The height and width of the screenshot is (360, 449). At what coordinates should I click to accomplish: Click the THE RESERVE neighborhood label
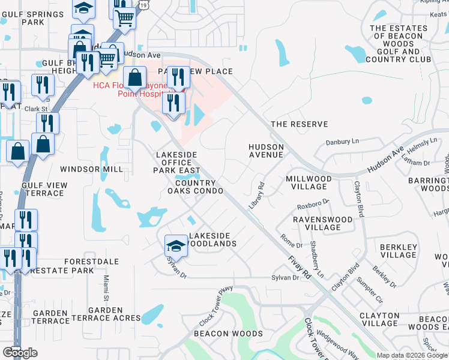[299, 124]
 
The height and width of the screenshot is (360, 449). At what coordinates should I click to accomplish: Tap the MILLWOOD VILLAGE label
[309, 183]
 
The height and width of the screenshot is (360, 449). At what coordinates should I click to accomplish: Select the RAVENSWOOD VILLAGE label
[325, 223]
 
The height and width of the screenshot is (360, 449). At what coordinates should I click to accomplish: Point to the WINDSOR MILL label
[91, 169]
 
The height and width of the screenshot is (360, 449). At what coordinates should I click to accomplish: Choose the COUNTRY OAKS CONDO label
[195, 187]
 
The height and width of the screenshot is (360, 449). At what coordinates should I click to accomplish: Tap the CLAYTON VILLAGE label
[379, 319]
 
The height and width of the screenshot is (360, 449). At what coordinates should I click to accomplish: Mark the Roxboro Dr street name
[313, 204]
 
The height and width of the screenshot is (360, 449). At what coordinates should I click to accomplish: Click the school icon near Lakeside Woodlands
[176, 245]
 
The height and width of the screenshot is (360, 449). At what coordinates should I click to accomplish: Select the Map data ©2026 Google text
[412, 355]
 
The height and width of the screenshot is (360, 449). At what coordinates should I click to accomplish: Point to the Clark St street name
[35, 109]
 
